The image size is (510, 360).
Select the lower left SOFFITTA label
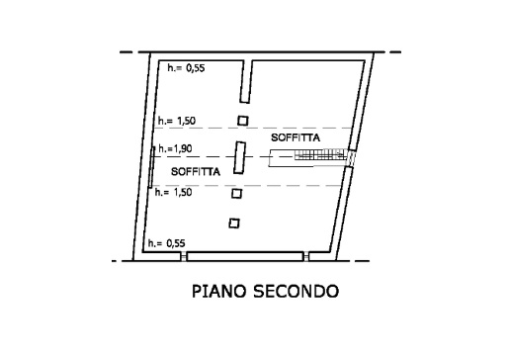click(195, 171)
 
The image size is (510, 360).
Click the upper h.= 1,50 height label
click(176, 121)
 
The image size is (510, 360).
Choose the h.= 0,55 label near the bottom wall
click(166, 242)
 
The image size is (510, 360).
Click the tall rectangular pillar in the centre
click(239, 158)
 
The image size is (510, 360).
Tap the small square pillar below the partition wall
click(243, 121)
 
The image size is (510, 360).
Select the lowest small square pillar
click(234, 223)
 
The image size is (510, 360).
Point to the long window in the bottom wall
click(245, 256)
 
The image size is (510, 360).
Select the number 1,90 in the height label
click(184, 149)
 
